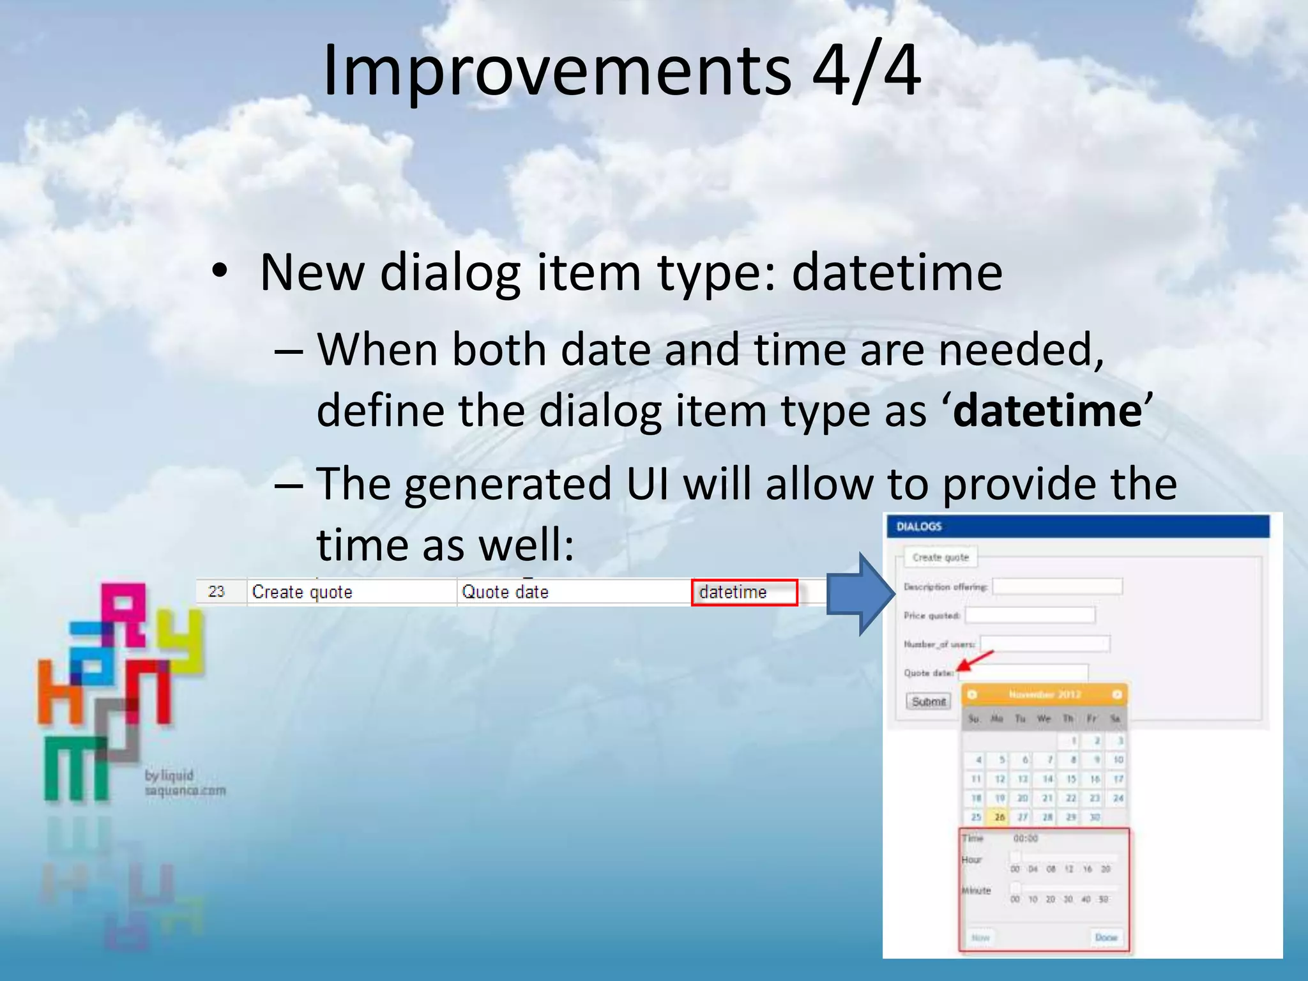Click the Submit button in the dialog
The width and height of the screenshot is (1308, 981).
point(928,701)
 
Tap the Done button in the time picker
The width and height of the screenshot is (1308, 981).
point(1106,938)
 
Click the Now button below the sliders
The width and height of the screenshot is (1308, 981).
point(980,938)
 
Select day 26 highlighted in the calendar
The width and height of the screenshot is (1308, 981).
point(1000,817)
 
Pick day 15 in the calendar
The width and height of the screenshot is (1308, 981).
point(1071,779)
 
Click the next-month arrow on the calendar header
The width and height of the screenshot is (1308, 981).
point(1117,694)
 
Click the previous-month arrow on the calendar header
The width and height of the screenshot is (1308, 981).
point(972,694)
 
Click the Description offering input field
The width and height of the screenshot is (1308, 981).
point(1057,586)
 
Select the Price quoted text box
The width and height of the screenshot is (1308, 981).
point(1030,615)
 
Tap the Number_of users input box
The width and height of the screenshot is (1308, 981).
point(1045,644)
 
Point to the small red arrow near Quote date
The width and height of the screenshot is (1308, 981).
point(975,660)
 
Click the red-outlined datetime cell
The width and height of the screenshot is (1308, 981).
point(744,592)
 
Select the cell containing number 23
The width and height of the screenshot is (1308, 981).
point(217,591)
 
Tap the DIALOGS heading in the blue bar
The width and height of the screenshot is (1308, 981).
point(918,526)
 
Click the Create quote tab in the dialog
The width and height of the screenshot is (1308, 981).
point(940,557)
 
